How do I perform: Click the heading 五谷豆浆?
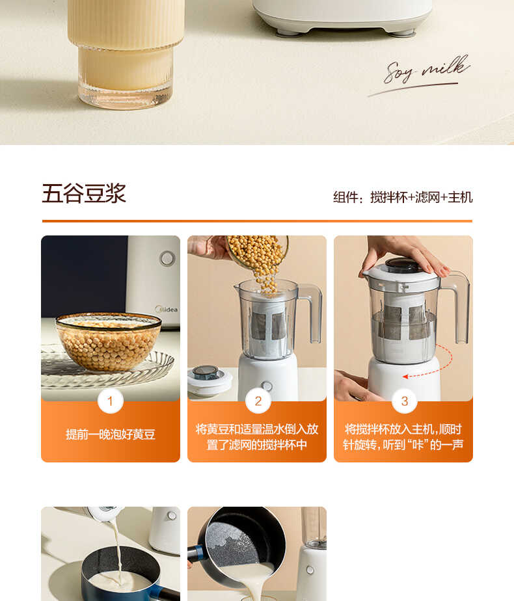click(84, 194)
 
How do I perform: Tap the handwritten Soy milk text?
click(427, 70)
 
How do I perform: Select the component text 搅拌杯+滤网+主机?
click(421, 197)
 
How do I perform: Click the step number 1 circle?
click(110, 401)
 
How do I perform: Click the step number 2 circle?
click(258, 401)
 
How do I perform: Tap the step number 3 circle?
click(404, 401)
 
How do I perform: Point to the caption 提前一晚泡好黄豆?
click(110, 434)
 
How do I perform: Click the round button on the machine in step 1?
click(167, 258)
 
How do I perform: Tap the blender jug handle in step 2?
click(311, 312)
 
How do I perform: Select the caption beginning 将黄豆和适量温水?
click(257, 437)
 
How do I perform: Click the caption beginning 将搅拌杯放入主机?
click(403, 437)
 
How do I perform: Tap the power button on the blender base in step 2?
click(266, 386)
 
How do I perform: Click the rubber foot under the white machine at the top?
click(286, 31)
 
